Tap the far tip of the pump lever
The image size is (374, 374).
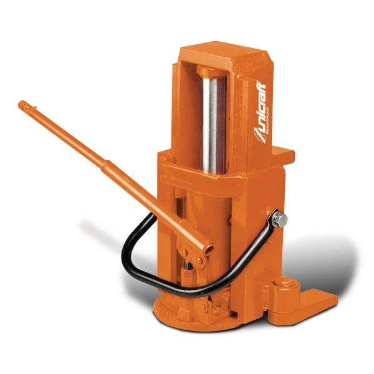(x=22, y=104)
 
